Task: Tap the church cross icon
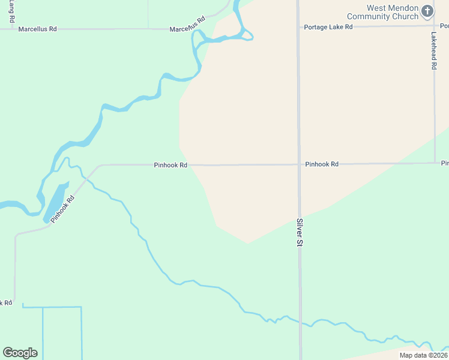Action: point(427,11)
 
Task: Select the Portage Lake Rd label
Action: point(328,27)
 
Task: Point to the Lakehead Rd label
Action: point(433,51)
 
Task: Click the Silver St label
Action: point(298,232)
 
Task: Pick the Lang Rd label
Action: point(12,12)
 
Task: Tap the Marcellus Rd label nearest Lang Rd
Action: point(37,29)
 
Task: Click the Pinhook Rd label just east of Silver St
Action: point(322,164)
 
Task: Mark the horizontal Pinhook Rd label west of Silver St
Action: point(170,164)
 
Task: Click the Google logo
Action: point(20,353)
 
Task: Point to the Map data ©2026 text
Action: point(423,355)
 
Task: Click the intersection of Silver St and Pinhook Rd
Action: point(299,164)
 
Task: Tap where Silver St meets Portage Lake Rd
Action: point(298,26)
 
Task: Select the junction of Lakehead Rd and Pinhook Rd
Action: point(435,163)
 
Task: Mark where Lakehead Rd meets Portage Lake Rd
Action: point(434,25)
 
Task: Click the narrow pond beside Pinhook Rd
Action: point(55,202)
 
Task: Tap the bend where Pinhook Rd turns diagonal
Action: point(100,165)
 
